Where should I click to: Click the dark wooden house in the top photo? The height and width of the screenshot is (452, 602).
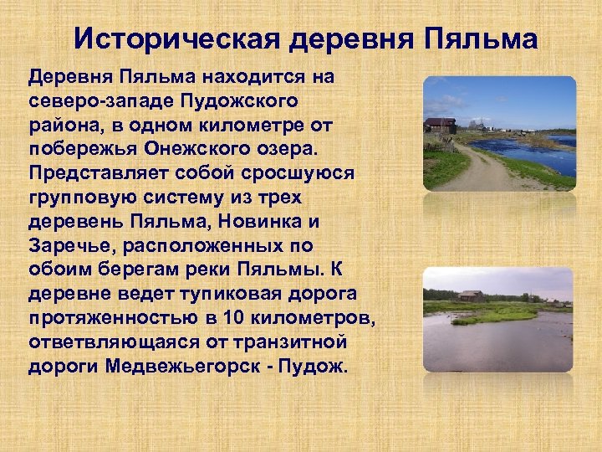pos(440,126)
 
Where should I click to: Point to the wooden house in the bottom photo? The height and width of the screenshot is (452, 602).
pos(470,296)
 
